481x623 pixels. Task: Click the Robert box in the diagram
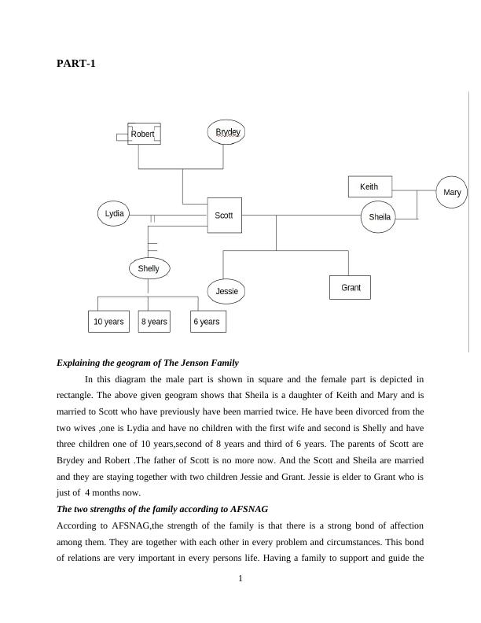pyautogui.click(x=144, y=135)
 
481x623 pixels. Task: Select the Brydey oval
pyautogui.click(x=227, y=132)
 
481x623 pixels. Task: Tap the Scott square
pyautogui.click(x=224, y=216)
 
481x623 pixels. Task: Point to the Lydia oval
pyautogui.click(x=115, y=213)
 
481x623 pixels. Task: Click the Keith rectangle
pyautogui.click(x=369, y=187)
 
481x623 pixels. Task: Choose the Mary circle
pyautogui.click(x=452, y=193)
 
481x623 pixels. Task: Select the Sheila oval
pyautogui.click(x=380, y=217)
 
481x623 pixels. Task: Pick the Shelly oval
pyautogui.click(x=149, y=268)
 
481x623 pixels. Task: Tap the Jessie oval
pyautogui.click(x=226, y=291)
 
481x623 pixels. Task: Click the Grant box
pyautogui.click(x=351, y=288)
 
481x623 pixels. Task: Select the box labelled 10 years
pyautogui.click(x=108, y=322)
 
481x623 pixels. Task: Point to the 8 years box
pyautogui.click(x=154, y=322)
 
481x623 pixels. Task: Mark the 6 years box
pyautogui.click(x=207, y=322)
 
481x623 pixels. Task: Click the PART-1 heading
pyautogui.click(x=76, y=63)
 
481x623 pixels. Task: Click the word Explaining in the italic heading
pyautogui.click(x=81, y=363)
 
